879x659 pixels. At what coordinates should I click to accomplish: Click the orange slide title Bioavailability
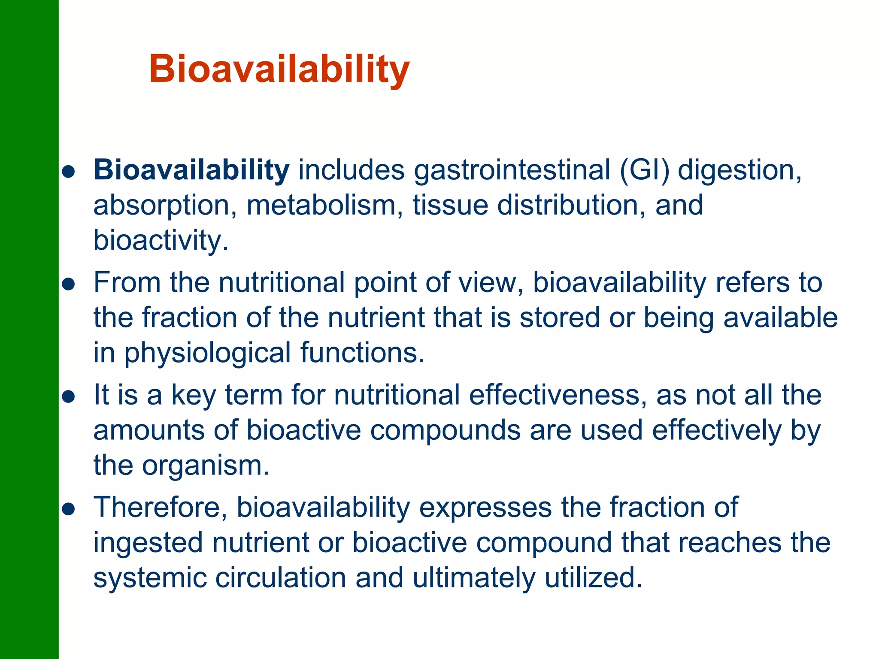pos(279,69)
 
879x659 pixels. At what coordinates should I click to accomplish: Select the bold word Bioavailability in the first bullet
pos(191,170)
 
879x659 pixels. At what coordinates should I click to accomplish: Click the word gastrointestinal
pos(512,170)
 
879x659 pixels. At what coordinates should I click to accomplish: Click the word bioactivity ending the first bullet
pos(161,240)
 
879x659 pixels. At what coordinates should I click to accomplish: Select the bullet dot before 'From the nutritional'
pos(69,284)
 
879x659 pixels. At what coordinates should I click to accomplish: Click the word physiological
pos(208,353)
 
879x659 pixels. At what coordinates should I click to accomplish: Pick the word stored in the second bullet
pos(559,318)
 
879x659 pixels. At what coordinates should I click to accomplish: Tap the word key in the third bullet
pos(194,395)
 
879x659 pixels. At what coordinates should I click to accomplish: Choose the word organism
pos(205,466)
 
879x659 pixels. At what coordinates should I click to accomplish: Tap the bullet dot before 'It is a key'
pos(69,396)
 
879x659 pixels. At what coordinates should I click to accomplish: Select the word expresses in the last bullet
pos(485,508)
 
